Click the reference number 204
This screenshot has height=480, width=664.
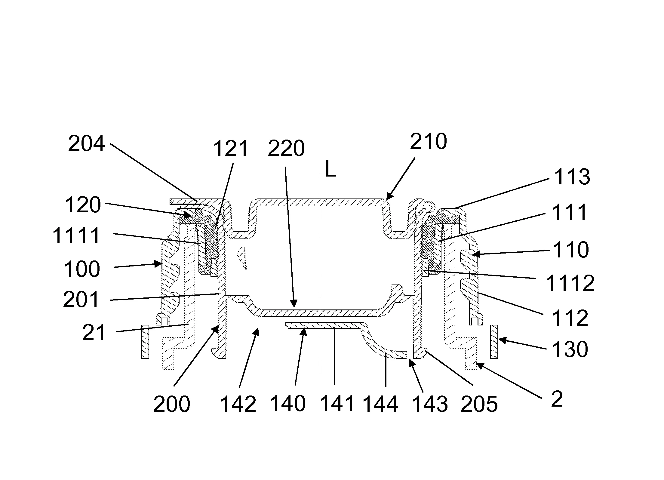coord(86,144)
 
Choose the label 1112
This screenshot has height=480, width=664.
coord(570,283)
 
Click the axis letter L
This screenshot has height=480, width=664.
coord(331,171)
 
